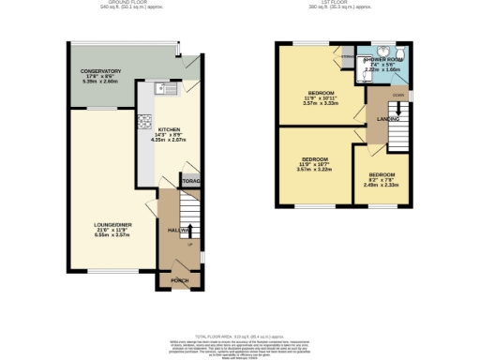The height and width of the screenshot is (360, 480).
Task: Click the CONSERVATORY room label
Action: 100,71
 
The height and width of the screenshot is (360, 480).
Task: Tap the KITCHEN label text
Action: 169,129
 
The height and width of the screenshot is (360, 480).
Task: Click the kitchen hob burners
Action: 145,120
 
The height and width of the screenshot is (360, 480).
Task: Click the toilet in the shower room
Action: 400,52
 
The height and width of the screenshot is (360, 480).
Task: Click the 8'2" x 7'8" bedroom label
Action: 382,175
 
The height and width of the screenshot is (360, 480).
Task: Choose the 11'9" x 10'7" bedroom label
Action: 315,159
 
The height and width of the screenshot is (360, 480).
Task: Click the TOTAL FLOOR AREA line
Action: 240,335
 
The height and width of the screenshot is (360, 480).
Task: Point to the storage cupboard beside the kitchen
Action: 191,180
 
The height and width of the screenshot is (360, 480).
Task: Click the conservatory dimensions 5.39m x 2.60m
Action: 100,82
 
